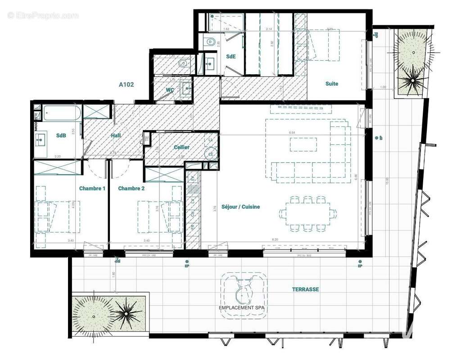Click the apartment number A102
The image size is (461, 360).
pyautogui.click(x=127, y=84)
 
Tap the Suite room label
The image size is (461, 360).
pyautogui.click(x=332, y=84)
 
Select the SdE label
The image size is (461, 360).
pyautogui.click(x=230, y=56)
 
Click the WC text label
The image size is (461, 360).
pyautogui.click(x=170, y=90)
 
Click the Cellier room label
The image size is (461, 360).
pyautogui.click(x=181, y=147)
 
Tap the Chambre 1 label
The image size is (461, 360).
pyautogui.click(x=92, y=188)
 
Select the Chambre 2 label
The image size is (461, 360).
pyautogui.click(x=131, y=188)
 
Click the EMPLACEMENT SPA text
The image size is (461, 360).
pyautogui.click(x=242, y=308)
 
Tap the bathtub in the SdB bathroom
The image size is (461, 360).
pyautogui.click(x=62, y=113)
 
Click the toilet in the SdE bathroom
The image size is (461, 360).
pyautogui.click(x=210, y=42)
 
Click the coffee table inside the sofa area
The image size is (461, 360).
pyautogui.click(x=303, y=144)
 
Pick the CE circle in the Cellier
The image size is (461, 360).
pyautogui.click(x=210, y=153)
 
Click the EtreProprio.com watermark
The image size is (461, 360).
pyautogui.click(x=43, y=15)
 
